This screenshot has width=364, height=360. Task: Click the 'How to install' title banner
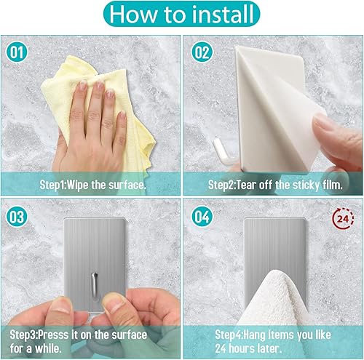pyautogui.click(x=182, y=15)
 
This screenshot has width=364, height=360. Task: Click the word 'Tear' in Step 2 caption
pyautogui.click(x=245, y=185)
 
